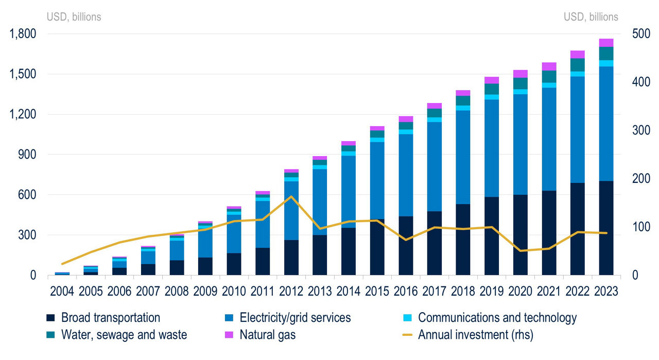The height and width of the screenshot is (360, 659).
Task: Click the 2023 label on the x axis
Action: pyautogui.click(x=606, y=291)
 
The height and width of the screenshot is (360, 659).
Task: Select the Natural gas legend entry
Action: pyautogui.click(x=267, y=335)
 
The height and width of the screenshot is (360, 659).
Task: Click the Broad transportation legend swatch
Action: pyautogui.click(x=50, y=318)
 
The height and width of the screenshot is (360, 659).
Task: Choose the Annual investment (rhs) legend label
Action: pyautogui.click(x=475, y=335)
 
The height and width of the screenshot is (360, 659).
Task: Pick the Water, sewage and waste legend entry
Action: pyautogui.click(x=124, y=335)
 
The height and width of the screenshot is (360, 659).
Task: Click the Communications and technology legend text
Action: pyautogui.click(x=497, y=318)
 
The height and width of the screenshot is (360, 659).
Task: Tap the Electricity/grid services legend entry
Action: pyautogui.click(x=295, y=318)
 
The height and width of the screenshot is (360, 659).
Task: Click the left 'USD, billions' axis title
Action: pyautogui.click(x=74, y=17)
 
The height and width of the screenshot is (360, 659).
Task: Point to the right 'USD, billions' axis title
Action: pyautogui.click(x=591, y=17)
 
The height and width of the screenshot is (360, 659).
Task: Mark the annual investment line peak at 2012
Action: pyautogui.click(x=291, y=196)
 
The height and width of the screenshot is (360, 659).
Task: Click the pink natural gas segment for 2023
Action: pyautogui.click(x=606, y=43)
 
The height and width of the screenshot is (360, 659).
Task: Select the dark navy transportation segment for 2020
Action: pyautogui.click(x=521, y=234)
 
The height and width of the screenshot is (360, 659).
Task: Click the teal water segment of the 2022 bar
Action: pyautogui.click(x=578, y=65)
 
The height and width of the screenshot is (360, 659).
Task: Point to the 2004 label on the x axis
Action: pyautogui.click(x=62, y=291)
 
